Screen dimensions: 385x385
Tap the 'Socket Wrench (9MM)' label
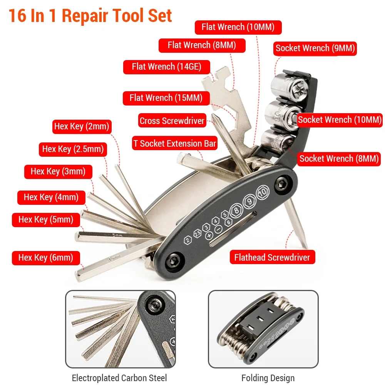[315, 49]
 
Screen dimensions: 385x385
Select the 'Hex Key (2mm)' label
[82, 126]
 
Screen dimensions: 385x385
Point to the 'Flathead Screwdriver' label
[272, 257]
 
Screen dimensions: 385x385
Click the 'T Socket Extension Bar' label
[174, 144]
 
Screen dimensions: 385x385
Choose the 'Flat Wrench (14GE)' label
[166, 67]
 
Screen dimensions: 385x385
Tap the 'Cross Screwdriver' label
[172, 121]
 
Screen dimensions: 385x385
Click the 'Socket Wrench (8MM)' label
[339, 158]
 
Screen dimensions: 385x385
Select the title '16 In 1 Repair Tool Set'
[90, 16]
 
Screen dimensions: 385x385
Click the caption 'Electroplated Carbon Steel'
[119, 378]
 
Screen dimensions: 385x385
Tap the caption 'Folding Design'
[268, 378]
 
